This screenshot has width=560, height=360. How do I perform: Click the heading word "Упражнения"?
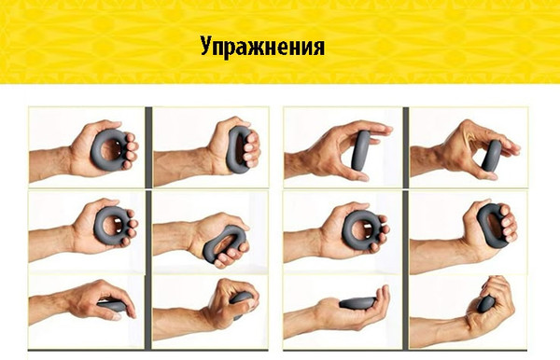(262, 47)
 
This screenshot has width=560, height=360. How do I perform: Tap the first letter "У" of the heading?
(206, 47)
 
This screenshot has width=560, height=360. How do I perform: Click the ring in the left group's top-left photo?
(111, 146)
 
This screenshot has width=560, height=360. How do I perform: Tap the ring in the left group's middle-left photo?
(111, 227)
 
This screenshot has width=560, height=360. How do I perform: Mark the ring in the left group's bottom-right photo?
(242, 301)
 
